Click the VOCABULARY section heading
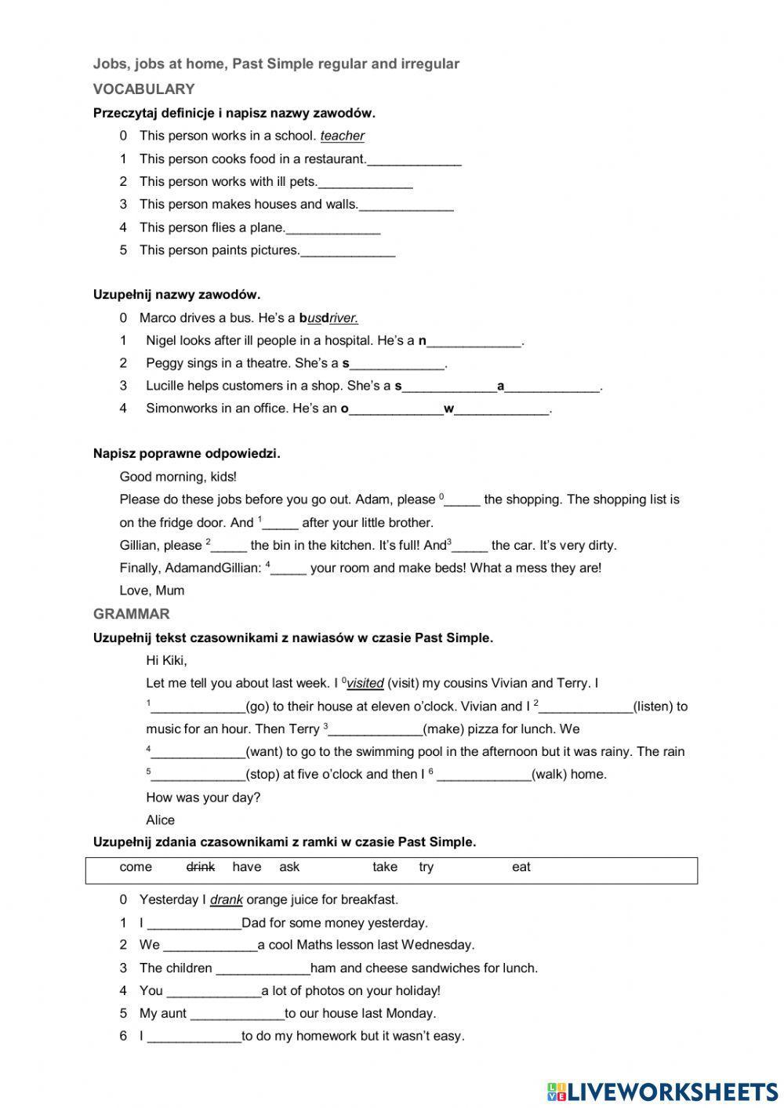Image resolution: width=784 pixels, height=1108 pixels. (x=143, y=89)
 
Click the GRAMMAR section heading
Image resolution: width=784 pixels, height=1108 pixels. (x=131, y=613)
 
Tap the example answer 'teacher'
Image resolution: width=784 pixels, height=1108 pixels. (x=342, y=136)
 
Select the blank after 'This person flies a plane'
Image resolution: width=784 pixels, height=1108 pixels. (x=333, y=228)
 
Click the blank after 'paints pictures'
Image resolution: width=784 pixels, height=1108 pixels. (x=348, y=251)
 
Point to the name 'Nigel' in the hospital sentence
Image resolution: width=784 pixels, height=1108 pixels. (x=161, y=340)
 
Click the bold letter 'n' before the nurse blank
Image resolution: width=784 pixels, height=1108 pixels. (x=423, y=340)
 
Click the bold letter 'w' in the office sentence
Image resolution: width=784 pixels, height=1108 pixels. (x=449, y=409)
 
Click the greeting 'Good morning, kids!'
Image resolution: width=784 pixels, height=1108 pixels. (x=178, y=476)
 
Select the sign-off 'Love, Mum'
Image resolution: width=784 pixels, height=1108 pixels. (x=151, y=590)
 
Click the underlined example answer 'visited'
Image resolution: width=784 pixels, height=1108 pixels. (x=365, y=683)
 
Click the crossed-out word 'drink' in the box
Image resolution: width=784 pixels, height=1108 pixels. (x=201, y=866)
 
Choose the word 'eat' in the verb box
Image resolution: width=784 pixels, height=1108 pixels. (x=521, y=866)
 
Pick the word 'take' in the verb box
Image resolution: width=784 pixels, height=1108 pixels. (x=385, y=866)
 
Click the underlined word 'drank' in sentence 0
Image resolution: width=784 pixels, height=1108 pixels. (x=226, y=899)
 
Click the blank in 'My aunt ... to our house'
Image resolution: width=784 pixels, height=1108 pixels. (x=238, y=1014)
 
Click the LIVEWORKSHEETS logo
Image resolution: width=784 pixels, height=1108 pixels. (x=662, y=1091)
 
